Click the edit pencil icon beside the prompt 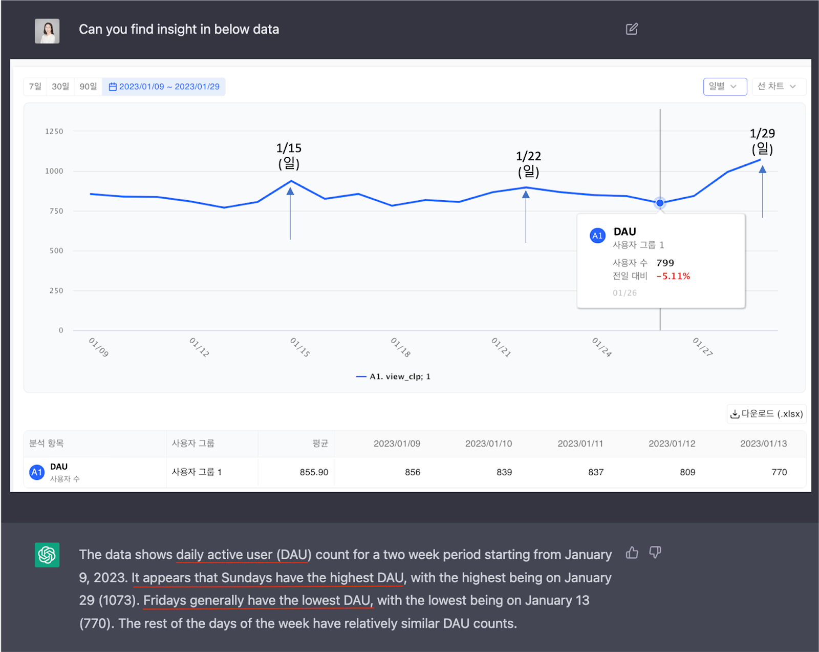click(x=632, y=29)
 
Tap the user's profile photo click(x=47, y=31)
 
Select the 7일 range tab click(x=35, y=87)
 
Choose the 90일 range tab click(x=88, y=87)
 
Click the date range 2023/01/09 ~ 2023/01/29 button click(x=164, y=87)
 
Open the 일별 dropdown click(x=724, y=87)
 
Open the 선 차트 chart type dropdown click(x=777, y=87)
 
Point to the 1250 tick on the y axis click(x=54, y=132)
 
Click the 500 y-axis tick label click(x=56, y=251)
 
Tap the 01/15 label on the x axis click(x=300, y=347)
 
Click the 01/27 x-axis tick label click(x=702, y=347)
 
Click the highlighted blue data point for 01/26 click(x=660, y=203)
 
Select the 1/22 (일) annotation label click(x=528, y=163)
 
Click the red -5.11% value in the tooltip click(x=673, y=276)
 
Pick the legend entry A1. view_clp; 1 click(x=394, y=376)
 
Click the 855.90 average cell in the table click(x=314, y=472)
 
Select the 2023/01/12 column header click(x=672, y=444)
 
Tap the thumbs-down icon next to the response click(x=655, y=552)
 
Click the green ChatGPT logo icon click(x=47, y=555)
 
